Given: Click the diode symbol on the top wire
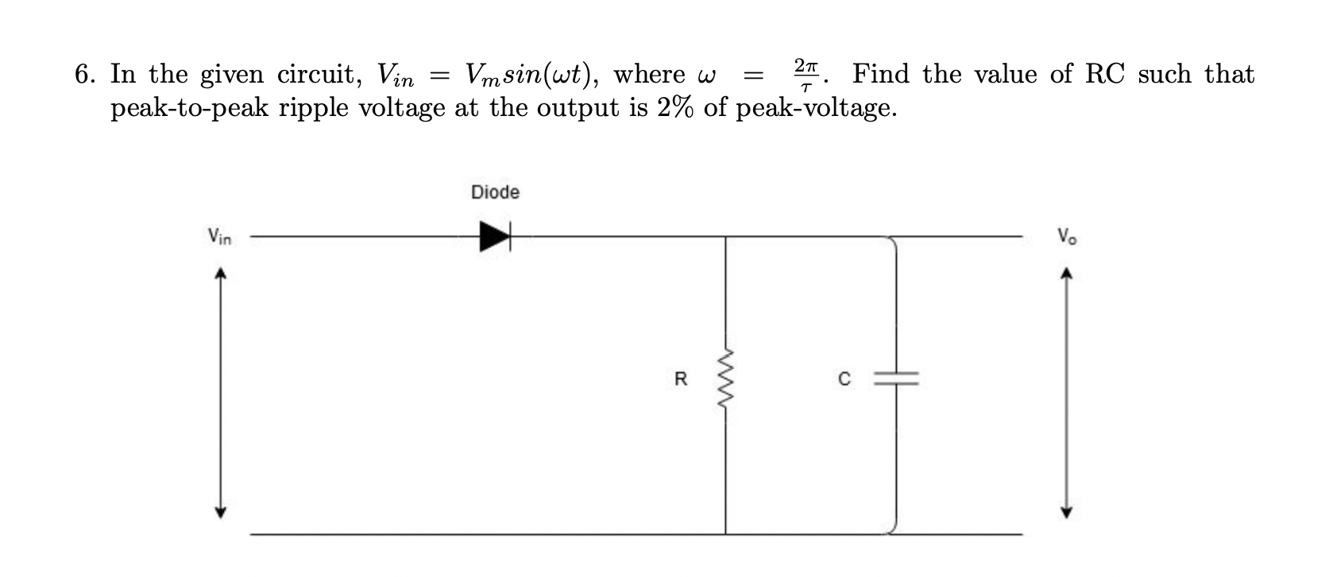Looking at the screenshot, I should pos(494,236).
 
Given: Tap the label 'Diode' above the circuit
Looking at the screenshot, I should pos(495,192).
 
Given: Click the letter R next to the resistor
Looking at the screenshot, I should pos(680,380).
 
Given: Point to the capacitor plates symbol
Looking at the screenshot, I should pos(896,380).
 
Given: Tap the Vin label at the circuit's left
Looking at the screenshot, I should pos(219,237).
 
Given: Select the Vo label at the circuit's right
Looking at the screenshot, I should pos(1067,237).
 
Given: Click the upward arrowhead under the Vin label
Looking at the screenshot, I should pos(222,274).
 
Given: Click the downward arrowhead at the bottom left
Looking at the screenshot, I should pos(222,511).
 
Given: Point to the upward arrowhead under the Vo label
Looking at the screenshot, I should pos(1068,274).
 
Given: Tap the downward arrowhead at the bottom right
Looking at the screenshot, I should pos(1068,511).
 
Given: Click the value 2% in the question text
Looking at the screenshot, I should pos(675,107).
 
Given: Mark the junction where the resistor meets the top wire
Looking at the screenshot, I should pos(725,236).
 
